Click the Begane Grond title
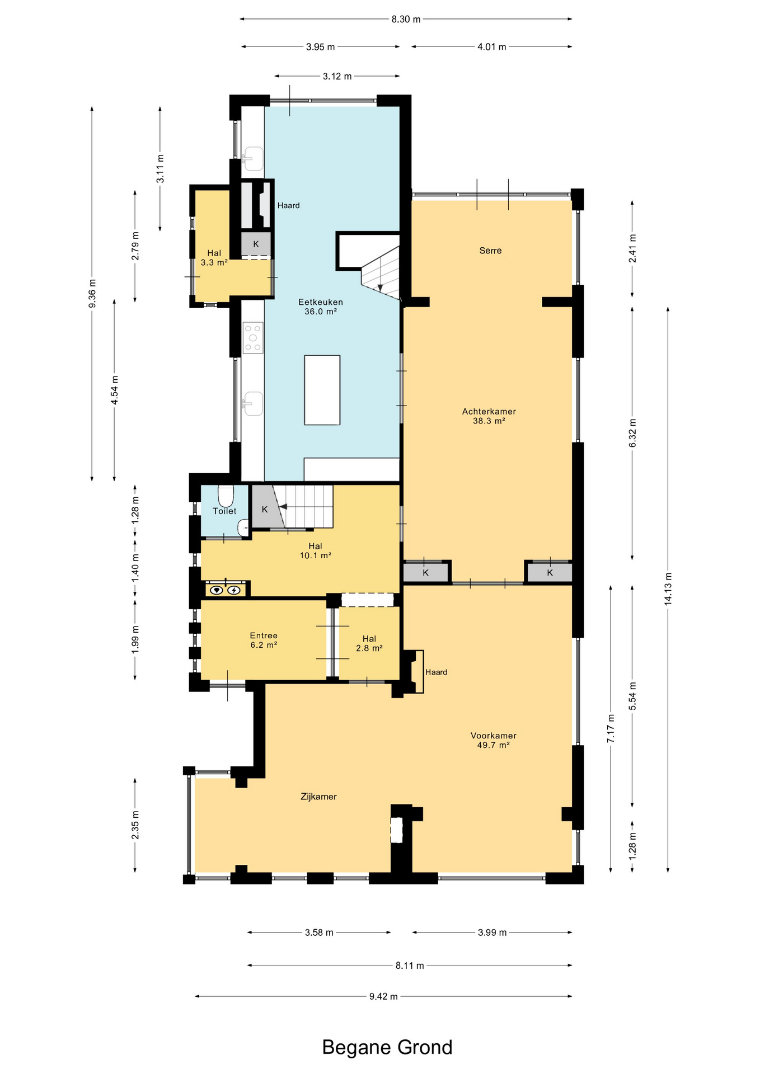(x=387, y=1047)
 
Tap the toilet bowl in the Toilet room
(x=226, y=496)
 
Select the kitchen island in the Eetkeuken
(x=322, y=390)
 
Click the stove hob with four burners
(x=253, y=337)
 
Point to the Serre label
(x=490, y=251)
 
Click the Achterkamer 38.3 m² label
(x=489, y=416)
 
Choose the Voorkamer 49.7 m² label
(x=493, y=740)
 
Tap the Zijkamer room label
(x=318, y=797)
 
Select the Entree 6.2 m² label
(x=264, y=640)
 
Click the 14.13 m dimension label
(x=668, y=588)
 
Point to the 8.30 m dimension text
(x=406, y=19)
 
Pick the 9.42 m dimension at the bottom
(x=383, y=996)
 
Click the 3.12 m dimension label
(x=337, y=76)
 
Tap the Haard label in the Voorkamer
(x=436, y=672)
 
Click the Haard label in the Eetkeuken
(x=289, y=205)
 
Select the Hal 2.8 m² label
(x=369, y=643)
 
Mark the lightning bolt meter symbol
(x=234, y=590)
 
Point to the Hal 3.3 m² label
(x=214, y=258)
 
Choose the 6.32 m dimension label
(x=632, y=433)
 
